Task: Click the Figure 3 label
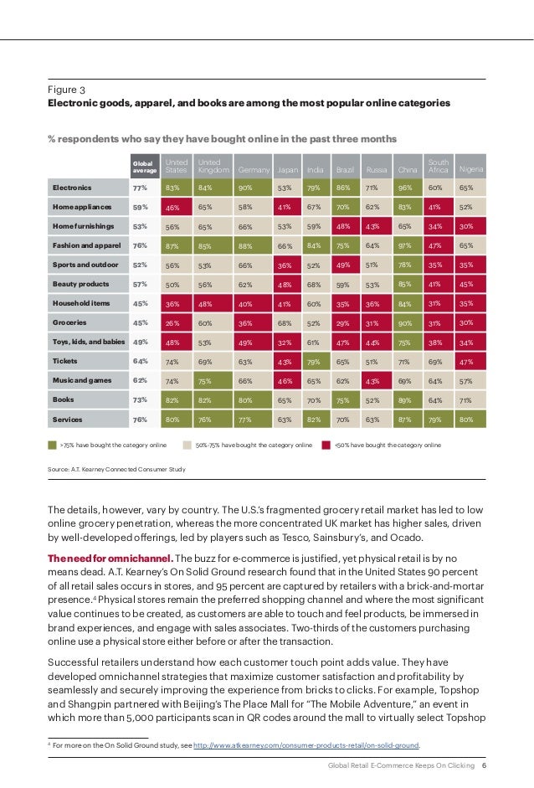67,89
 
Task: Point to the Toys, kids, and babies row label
89,341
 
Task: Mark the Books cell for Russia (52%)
372,399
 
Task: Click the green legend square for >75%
53,445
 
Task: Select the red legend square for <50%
326,445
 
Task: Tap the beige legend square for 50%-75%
188,445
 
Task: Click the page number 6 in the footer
485,766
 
